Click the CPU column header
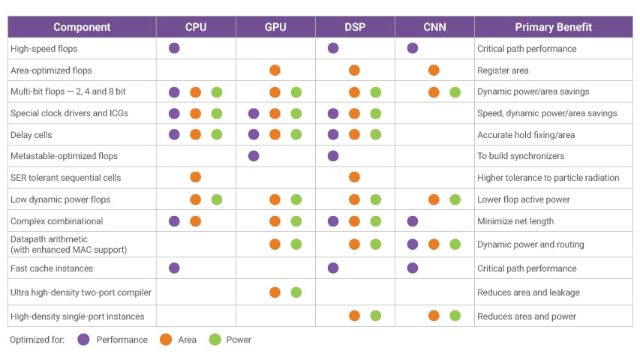(196, 27)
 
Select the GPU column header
(275, 27)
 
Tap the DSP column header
(355, 27)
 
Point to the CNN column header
(434, 27)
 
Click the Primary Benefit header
(553, 27)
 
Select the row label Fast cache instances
(50, 268)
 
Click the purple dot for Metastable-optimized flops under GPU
(254, 156)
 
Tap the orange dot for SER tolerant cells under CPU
(195, 177)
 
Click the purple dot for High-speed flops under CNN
(413, 48)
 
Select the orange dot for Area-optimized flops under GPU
(275, 70)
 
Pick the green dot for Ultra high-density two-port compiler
(296, 292)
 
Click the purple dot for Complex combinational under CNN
(413, 221)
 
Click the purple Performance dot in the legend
(83, 340)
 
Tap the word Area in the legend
(187, 340)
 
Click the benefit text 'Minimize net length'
(515, 221)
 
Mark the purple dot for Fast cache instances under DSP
(333, 268)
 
